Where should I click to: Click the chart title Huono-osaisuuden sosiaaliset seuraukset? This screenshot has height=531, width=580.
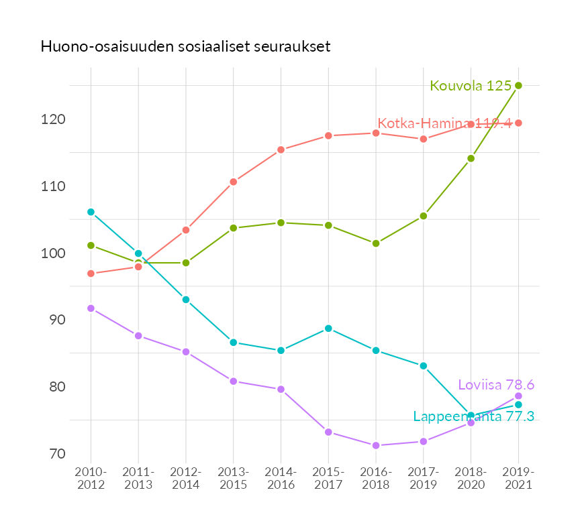coord(185,47)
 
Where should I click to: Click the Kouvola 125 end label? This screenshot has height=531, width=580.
coord(471,86)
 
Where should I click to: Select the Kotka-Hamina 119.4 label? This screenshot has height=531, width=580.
coord(444,123)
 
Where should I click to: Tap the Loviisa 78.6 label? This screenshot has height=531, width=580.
coord(495,385)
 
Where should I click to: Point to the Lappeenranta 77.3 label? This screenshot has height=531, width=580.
coord(473,416)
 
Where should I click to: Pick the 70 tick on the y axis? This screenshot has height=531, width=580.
coord(57,454)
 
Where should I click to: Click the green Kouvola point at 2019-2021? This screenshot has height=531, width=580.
coord(518,85)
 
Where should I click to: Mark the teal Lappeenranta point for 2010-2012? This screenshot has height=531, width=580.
coord(91,212)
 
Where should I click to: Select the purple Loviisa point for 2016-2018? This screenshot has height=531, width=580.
coord(376,445)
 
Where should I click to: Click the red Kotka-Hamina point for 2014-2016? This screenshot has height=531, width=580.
coord(281,150)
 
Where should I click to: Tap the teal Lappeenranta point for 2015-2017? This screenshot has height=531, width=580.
coord(328,329)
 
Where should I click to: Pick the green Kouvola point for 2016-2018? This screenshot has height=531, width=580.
coord(376,243)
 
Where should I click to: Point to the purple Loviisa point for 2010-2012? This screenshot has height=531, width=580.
coord(91,308)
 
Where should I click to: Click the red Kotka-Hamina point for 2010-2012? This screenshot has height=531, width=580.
coord(91,274)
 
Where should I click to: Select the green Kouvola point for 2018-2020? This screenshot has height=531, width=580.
coord(471,158)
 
